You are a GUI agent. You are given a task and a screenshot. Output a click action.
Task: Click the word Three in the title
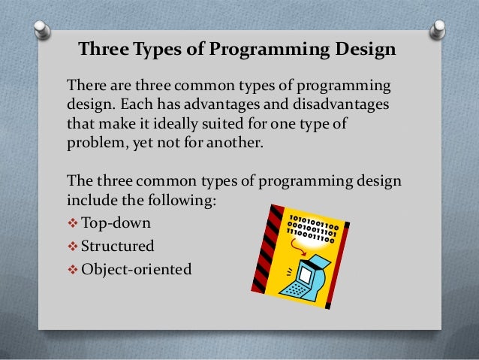click(x=103, y=51)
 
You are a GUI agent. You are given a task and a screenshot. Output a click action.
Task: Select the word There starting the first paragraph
click(x=87, y=83)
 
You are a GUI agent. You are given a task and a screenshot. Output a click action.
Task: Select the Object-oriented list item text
click(x=136, y=267)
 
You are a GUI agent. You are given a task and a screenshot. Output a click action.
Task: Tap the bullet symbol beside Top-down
click(x=72, y=223)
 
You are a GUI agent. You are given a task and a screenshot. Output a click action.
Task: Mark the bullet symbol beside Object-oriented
click(x=72, y=267)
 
